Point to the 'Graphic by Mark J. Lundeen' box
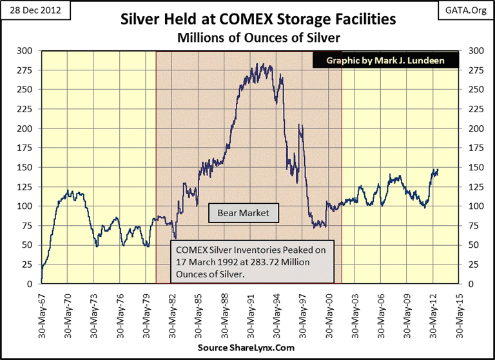386,61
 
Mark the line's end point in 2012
438,170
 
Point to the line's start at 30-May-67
41,281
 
